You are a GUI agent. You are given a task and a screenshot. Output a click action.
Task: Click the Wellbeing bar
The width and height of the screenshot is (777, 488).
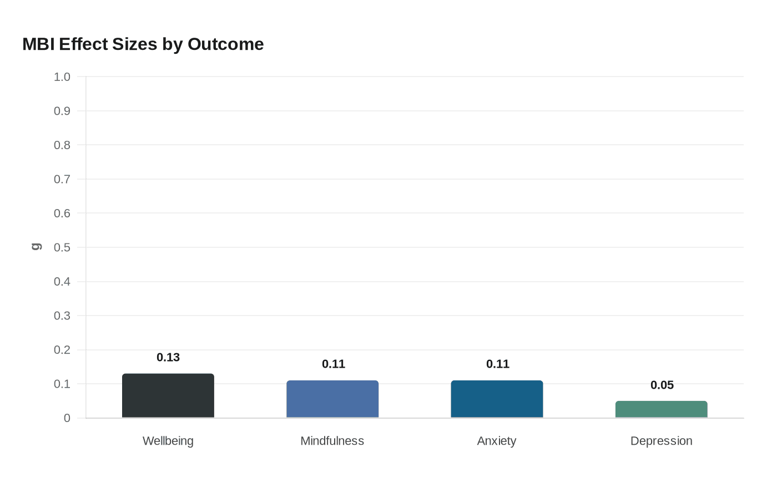tap(168, 396)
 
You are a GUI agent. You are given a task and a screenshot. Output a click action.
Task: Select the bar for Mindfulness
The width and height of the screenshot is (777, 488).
tap(332, 399)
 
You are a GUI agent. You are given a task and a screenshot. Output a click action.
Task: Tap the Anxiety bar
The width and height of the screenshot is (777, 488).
tap(497, 399)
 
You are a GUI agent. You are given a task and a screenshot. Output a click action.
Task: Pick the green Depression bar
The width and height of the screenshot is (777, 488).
tap(661, 409)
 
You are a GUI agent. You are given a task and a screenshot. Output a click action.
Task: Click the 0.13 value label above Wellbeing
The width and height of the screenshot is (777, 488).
tap(168, 358)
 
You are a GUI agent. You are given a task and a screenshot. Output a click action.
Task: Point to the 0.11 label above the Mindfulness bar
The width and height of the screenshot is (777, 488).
tap(334, 364)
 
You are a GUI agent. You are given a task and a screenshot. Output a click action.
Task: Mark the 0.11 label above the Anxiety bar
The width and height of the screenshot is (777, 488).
tap(498, 364)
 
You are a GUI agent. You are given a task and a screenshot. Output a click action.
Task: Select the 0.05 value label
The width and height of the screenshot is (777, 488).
tap(662, 385)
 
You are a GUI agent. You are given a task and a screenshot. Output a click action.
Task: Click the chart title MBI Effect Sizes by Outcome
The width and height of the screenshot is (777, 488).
tap(143, 44)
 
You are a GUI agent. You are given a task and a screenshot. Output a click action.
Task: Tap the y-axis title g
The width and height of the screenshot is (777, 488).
tap(36, 247)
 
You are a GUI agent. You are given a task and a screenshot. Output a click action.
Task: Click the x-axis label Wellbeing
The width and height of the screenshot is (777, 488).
tap(168, 441)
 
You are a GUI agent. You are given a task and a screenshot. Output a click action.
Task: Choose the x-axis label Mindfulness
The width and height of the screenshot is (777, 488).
tap(332, 441)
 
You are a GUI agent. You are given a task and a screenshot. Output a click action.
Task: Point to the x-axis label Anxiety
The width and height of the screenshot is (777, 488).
tap(497, 441)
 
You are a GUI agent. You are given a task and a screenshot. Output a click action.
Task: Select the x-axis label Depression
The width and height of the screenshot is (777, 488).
tap(661, 441)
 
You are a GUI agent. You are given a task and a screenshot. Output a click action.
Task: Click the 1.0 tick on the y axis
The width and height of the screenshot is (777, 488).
tap(62, 77)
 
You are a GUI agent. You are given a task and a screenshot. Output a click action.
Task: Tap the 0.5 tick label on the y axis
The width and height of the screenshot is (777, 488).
tap(62, 247)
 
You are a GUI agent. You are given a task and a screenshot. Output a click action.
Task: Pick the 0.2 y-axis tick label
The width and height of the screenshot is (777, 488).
tap(62, 350)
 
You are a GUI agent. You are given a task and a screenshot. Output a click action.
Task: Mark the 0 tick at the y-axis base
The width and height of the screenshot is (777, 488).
tap(67, 418)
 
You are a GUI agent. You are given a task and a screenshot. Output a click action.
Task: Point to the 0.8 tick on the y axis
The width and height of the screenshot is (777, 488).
tap(62, 145)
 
